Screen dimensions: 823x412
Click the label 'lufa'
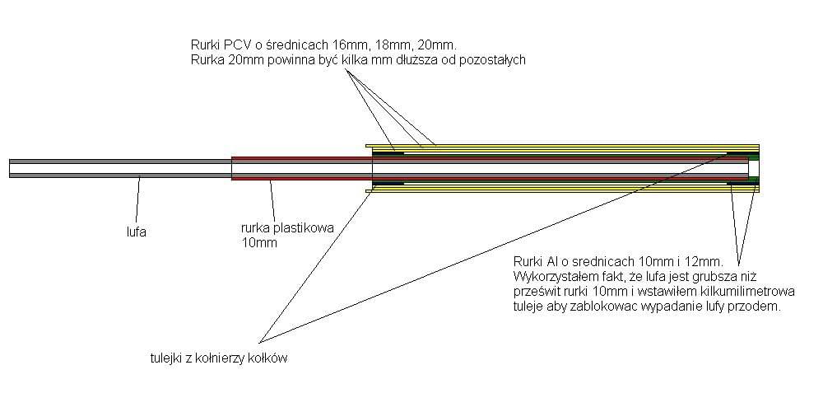coord(136,232)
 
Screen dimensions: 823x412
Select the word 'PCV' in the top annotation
coord(235,43)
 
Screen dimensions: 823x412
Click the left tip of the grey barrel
coord(9,168)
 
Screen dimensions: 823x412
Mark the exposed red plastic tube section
coord(302,168)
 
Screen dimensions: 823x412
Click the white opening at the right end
coord(754,168)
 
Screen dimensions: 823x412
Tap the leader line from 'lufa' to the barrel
coord(137,200)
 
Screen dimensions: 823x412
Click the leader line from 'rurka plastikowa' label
coord(272,200)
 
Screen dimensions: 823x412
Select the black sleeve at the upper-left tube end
coord(388,153)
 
